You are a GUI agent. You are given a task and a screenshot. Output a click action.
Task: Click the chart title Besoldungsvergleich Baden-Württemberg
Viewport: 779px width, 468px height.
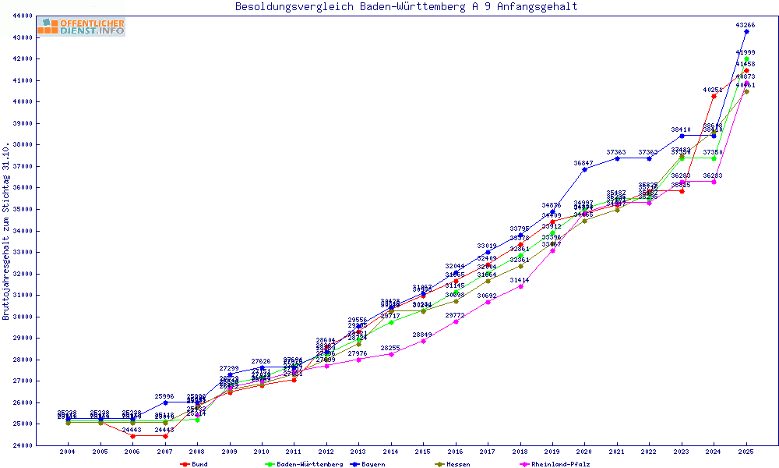(406, 7)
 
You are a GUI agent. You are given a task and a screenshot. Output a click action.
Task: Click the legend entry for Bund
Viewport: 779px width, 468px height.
(195, 464)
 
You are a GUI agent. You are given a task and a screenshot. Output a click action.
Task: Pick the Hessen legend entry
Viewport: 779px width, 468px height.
(451, 464)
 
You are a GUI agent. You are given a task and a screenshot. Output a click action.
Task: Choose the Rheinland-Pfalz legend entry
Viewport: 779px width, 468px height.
(554, 464)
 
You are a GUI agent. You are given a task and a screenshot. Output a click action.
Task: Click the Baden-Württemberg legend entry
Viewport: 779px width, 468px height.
(304, 464)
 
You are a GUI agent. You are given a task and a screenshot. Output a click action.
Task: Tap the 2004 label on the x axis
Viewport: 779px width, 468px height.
(68, 452)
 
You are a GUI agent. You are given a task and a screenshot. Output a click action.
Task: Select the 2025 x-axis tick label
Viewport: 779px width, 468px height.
(746, 452)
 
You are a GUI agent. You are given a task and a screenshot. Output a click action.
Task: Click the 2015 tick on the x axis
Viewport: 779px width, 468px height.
(423, 452)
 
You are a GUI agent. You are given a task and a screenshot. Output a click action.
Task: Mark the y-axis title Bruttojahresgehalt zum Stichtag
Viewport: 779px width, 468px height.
(6, 231)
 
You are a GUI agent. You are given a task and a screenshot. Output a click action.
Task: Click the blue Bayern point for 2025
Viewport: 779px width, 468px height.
(746, 32)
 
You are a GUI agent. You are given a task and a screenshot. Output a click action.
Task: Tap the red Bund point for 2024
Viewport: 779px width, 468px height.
(714, 97)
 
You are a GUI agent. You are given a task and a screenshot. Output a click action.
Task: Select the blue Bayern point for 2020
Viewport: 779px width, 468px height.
(584, 169)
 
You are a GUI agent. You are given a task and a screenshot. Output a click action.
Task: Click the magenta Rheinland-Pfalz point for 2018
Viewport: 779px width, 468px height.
(520, 286)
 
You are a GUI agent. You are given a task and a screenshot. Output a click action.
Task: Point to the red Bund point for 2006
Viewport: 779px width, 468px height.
(132, 436)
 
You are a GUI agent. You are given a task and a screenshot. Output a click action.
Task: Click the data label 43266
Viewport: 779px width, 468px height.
(746, 25)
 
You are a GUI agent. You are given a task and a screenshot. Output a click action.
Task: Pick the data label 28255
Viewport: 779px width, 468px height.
(390, 348)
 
